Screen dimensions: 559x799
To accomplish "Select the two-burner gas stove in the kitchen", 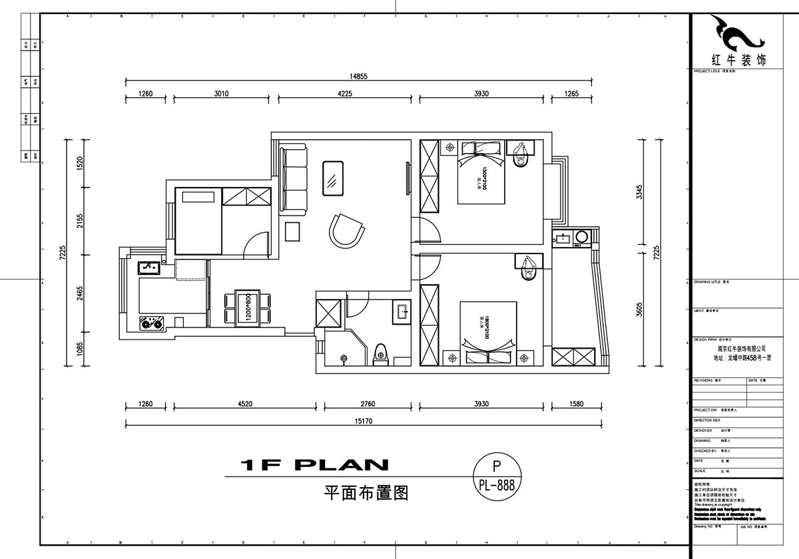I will click(152, 323).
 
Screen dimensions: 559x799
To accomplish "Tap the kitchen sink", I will click(148, 268).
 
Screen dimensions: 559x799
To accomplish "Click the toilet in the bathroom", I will click(381, 352).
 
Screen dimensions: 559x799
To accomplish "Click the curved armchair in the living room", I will click(347, 230).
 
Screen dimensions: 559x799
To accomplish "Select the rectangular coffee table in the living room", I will click(332, 178).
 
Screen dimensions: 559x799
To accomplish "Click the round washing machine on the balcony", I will click(581, 237).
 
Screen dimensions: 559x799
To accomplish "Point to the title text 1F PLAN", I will click(307, 465).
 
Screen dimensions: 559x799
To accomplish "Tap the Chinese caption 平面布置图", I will click(365, 493).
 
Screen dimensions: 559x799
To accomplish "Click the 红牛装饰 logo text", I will click(730, 59).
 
